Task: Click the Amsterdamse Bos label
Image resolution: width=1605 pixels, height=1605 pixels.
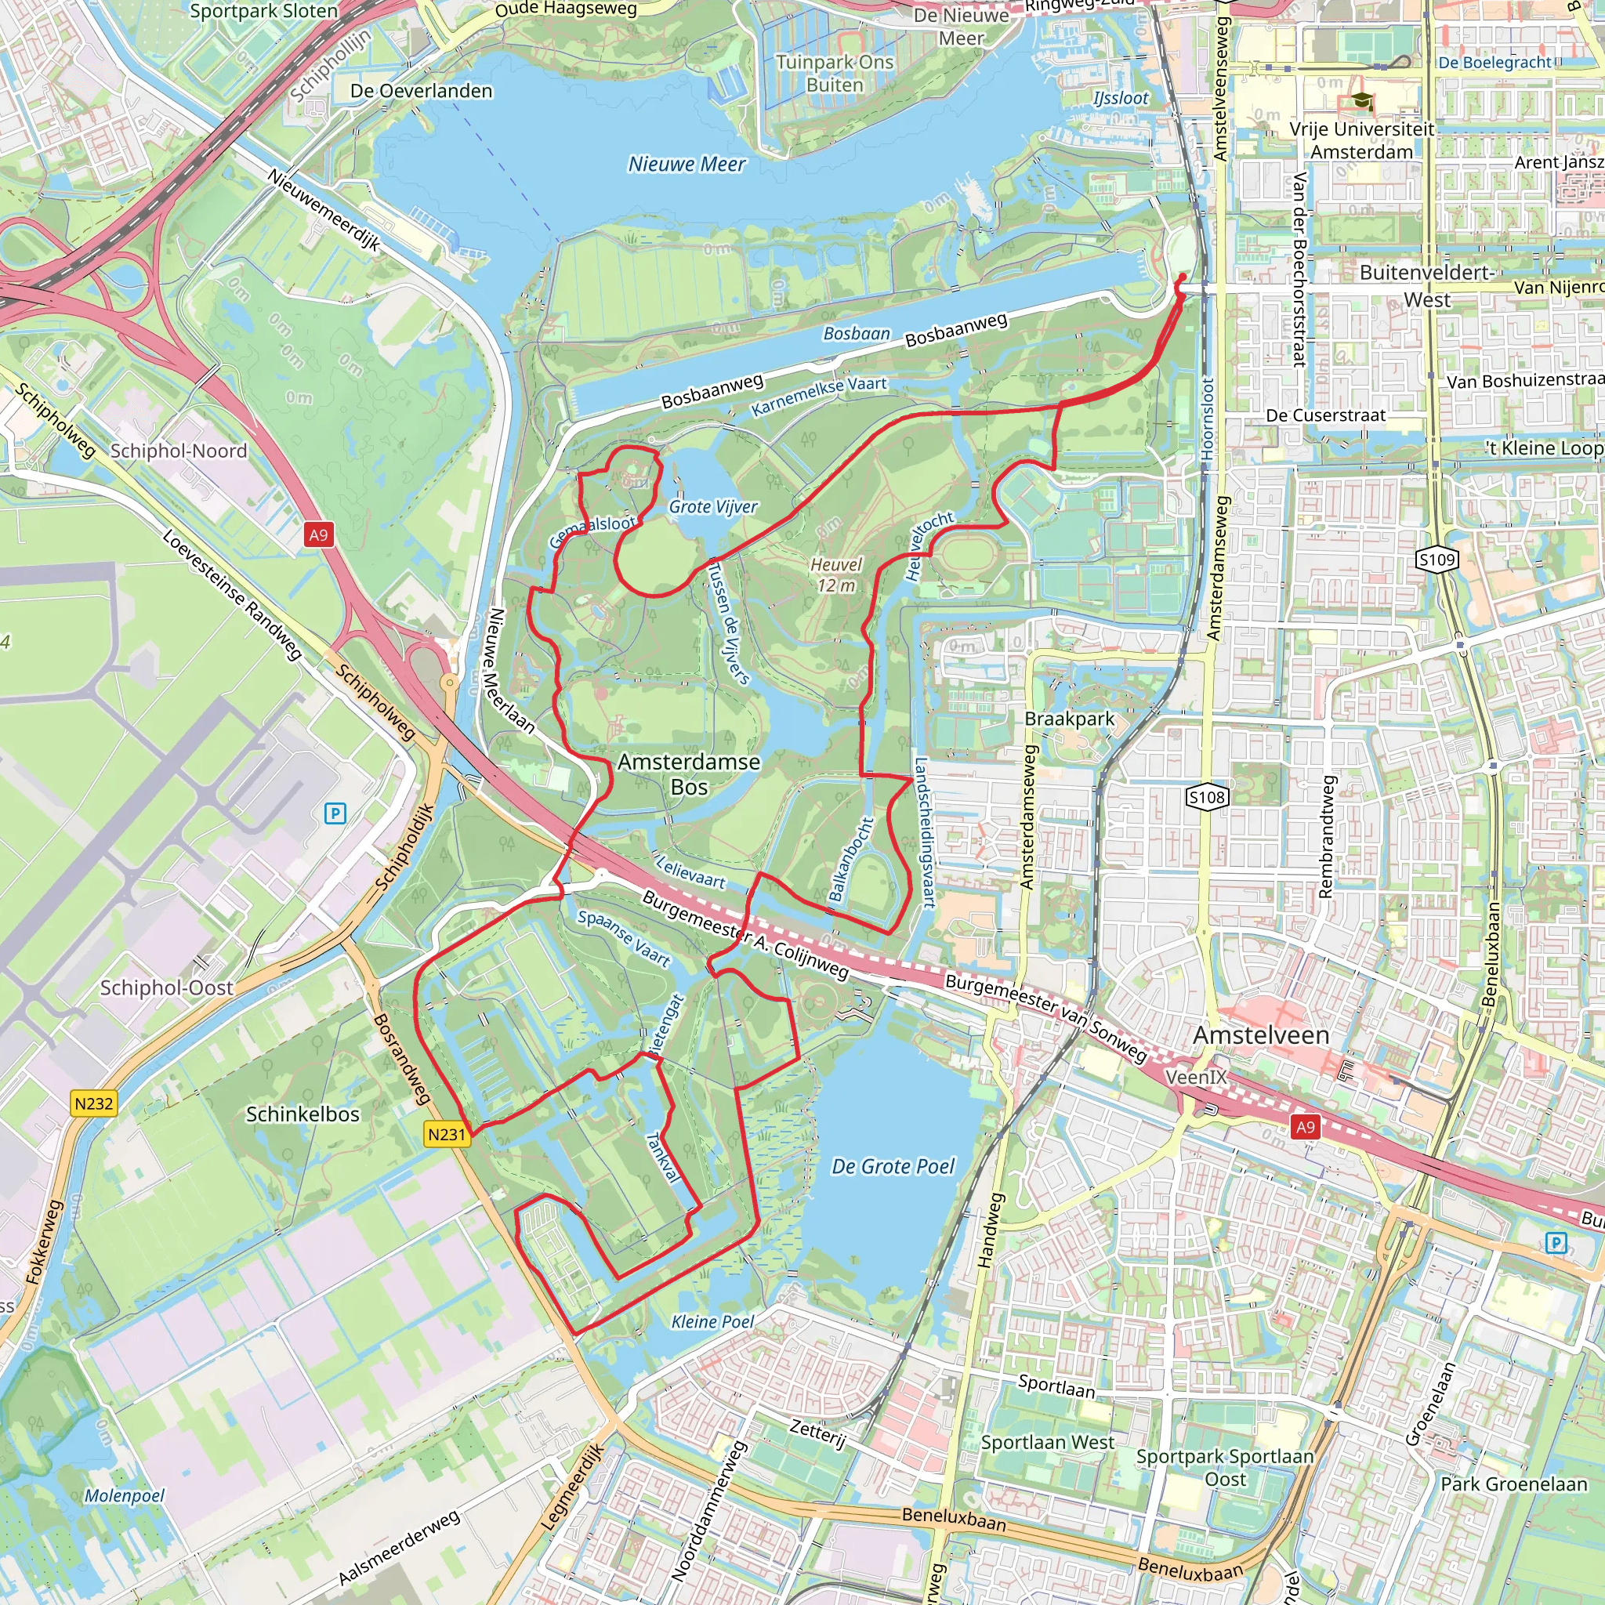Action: point(689,774)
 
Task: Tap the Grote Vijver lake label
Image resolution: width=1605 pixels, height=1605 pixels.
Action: point(713,507)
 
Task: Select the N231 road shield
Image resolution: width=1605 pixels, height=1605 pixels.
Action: point(447,1134)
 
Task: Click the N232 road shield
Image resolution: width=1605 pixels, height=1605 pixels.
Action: point(93,1103)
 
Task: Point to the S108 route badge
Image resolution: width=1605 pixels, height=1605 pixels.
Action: point(1206,798)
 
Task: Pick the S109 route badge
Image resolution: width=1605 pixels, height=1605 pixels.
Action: point(1437,559)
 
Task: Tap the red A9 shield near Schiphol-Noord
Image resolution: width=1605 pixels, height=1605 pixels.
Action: point(319,534)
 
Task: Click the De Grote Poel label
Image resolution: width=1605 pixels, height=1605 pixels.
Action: point(893,1166)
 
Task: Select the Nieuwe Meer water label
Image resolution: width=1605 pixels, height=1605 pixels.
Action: point(687,165)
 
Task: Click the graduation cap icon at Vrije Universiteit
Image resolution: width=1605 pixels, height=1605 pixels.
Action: point(1361,101)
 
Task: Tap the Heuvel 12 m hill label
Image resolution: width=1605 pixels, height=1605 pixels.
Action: point(835,575)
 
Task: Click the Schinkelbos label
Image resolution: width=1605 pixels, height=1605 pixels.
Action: point(303,1114)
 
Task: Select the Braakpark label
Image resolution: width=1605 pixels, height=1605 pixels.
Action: point(1069,719)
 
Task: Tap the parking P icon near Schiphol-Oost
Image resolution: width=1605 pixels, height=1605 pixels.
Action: point(335,813)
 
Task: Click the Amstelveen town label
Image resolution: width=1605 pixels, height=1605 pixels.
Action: point(1261,1035)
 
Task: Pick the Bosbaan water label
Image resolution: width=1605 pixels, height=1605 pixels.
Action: point(857,333)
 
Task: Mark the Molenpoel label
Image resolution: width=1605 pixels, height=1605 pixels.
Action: point(125,1495)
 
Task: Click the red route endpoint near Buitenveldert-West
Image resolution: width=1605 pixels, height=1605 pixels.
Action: point(1182,277)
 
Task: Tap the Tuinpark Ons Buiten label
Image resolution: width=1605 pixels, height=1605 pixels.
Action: point(834,73)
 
